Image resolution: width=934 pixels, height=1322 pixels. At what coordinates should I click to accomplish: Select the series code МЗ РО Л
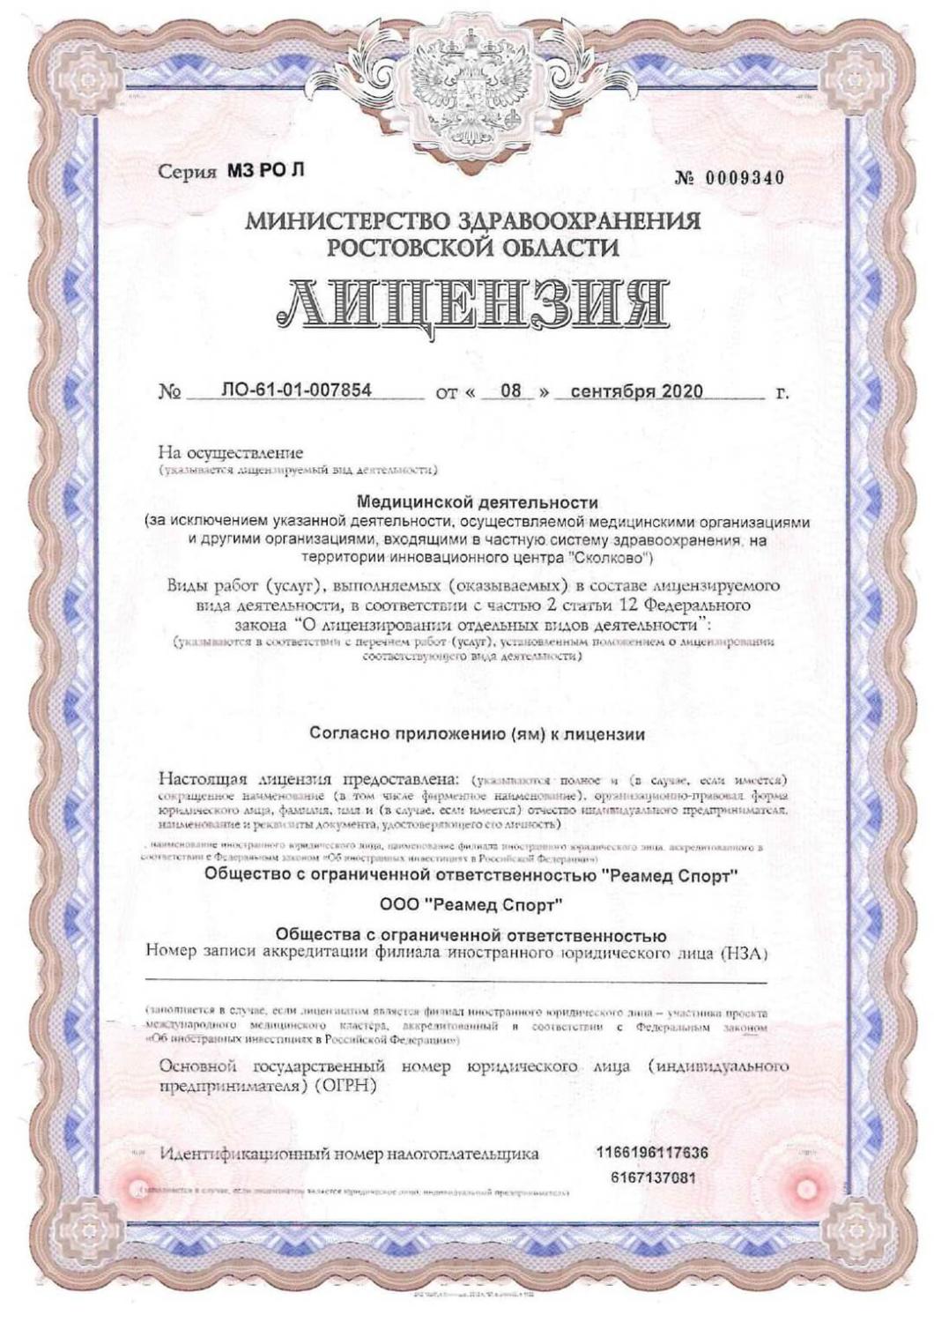264,170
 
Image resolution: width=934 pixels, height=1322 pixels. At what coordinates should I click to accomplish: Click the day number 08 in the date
511,390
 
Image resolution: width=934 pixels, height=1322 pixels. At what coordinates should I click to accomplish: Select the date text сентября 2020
637,390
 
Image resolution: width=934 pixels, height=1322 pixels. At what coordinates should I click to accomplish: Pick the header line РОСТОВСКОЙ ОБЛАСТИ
472,248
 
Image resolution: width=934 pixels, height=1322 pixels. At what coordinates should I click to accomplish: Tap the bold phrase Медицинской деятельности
477,503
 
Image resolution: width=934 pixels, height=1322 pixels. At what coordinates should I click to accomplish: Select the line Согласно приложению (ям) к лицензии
478,733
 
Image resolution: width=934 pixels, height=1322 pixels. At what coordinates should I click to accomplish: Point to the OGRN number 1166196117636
652,1153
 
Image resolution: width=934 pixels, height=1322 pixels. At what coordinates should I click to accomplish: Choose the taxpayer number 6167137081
653,1178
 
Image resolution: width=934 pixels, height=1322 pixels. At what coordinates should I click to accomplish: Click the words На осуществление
230,453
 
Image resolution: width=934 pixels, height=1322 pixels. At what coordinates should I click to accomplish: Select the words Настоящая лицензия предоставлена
309,779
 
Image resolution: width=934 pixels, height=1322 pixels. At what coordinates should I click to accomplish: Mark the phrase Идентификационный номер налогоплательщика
349,1154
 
